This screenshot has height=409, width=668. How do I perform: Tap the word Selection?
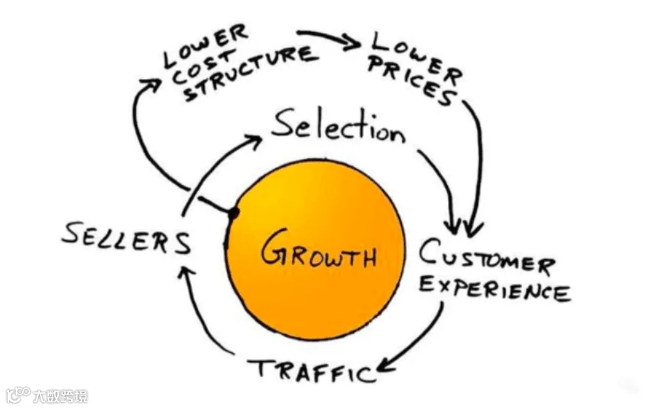click(339, 126)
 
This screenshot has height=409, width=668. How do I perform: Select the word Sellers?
click(127, 239)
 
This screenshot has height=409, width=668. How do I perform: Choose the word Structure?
click(251, 73)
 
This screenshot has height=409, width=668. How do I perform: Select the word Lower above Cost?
click(206, 46)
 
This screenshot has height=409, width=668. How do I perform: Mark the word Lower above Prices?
click(416, 56)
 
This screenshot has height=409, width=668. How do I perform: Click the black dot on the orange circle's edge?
click(233, 213)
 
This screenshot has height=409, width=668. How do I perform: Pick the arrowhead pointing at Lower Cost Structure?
click(151, 85)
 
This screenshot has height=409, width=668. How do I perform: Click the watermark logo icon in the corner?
click(18, 395)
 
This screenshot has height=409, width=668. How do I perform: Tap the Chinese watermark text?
click(60, 396)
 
